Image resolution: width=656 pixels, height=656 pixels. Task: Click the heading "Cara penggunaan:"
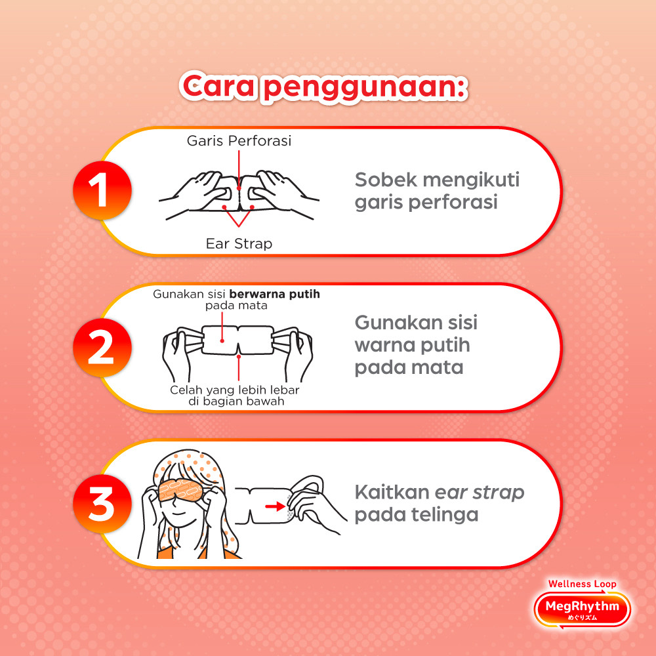[x=323, y=87]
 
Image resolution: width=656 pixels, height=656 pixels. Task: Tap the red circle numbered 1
[x=102, y=190]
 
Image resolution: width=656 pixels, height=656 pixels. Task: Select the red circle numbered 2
[x=102, y=348]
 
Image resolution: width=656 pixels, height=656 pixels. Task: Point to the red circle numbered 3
[x=102, y=504]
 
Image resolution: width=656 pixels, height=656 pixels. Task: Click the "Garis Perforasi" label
[x=239, y=141]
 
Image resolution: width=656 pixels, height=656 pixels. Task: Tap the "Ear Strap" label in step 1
[x=239, y=243]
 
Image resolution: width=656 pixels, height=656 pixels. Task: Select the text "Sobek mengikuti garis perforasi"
[x=437, y=191]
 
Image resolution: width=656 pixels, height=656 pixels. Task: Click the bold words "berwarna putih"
[x=274, y=294]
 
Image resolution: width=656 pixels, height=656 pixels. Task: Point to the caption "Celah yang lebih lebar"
[x=235, y=390]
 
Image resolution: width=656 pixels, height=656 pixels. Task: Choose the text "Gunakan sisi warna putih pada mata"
[x=416, y=345]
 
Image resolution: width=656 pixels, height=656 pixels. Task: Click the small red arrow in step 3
[x=275, y=507]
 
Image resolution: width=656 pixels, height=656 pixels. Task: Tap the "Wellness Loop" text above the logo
[x=582, y=584]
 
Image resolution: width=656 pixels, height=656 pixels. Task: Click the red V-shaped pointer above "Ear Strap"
[x=239, y=215]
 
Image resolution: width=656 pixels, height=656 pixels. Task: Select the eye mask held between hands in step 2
[x=238, y=340]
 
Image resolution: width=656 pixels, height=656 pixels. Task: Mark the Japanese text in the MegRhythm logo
[x=583, y=617]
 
